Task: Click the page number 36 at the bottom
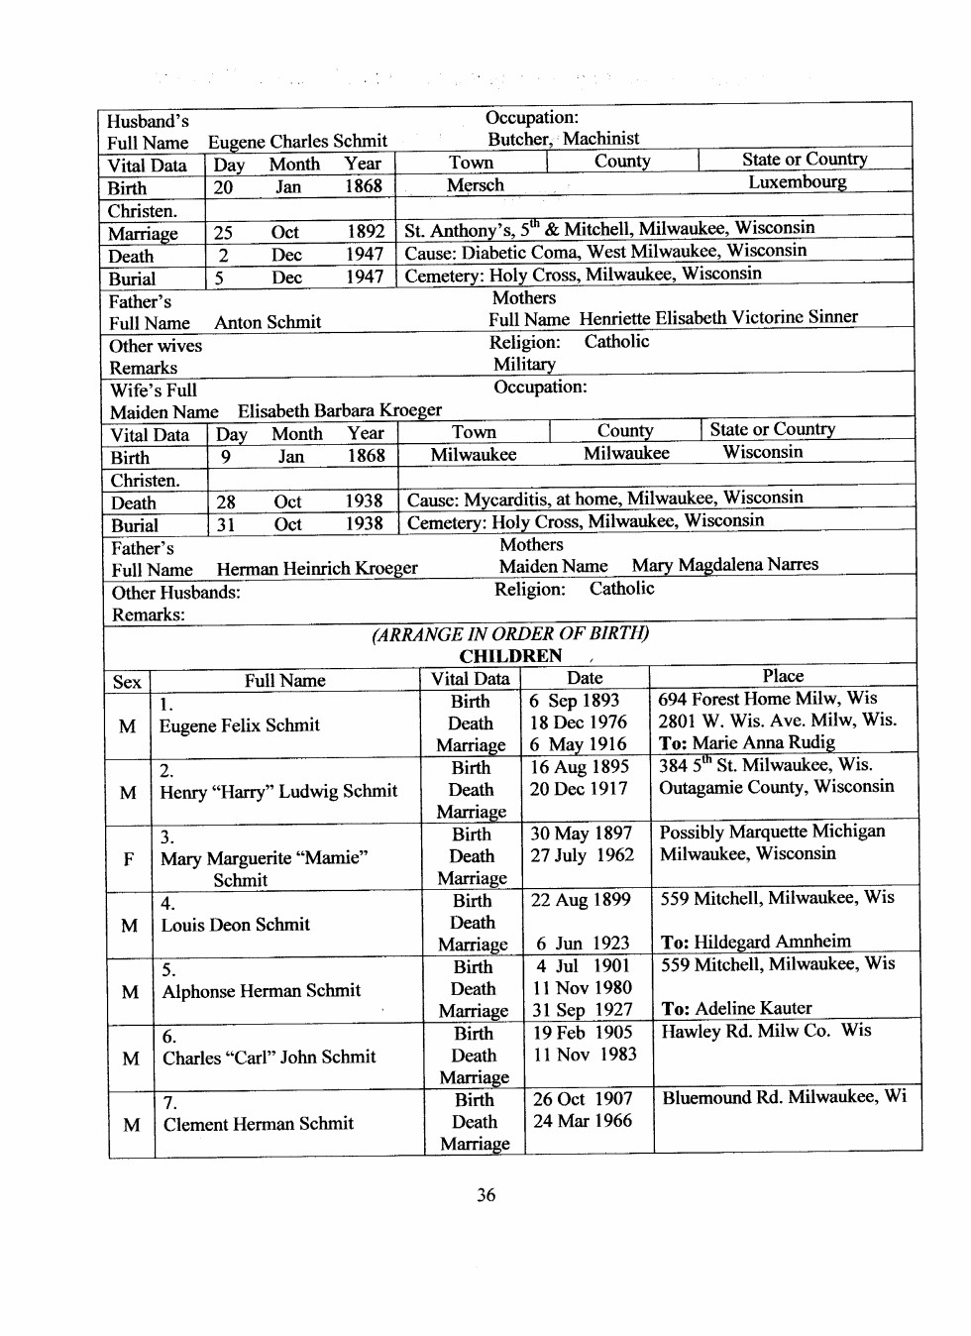click(485, 1194)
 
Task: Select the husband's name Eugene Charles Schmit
click(297, 142)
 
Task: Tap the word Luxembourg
click(797, 182)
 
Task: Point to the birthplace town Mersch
click(476, 185)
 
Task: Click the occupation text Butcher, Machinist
click(563, 139)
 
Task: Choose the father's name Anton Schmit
click(268, 322)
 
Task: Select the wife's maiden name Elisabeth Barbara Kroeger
click(340, 410)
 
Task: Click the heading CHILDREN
click(510, 656)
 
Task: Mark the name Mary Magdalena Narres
click(725, 565)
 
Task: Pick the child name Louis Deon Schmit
click(236, 925)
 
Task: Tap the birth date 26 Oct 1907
click(583, 1099)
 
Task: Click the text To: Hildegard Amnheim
click(755, 942)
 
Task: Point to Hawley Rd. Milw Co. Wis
click(766, 1031)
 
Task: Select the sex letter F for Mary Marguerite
click(129, 858)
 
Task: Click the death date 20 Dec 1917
click(579, 789)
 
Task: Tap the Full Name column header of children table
click(285, 681)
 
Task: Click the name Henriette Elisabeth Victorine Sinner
click(718, 318)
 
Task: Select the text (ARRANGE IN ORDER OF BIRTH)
click(510, 634)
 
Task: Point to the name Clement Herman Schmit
click(259, 1124)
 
